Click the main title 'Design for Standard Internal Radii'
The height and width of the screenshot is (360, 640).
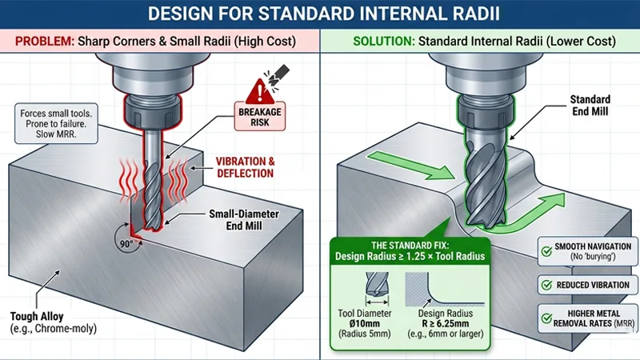[320, 14]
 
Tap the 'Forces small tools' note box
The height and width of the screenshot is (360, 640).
[54, 125]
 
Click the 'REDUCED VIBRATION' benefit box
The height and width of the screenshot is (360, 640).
[588, 285]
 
